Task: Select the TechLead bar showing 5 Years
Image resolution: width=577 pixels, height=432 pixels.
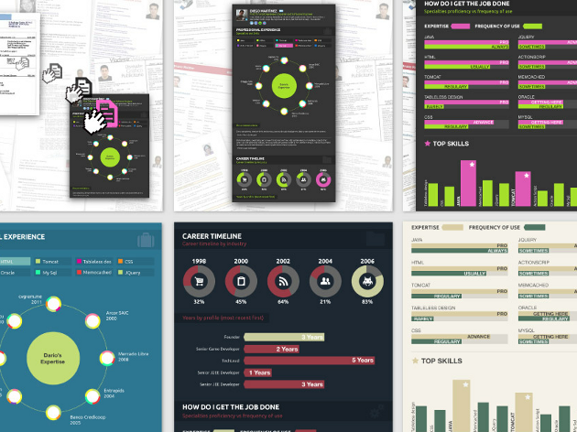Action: click(x=311, y=360)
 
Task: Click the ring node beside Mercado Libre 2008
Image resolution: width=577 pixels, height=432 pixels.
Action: click(x=106, y=356)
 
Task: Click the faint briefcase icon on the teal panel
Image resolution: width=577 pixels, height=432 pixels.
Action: click(x=144, y=240)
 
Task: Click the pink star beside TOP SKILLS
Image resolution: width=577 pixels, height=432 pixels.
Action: click(x=427, y=144)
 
